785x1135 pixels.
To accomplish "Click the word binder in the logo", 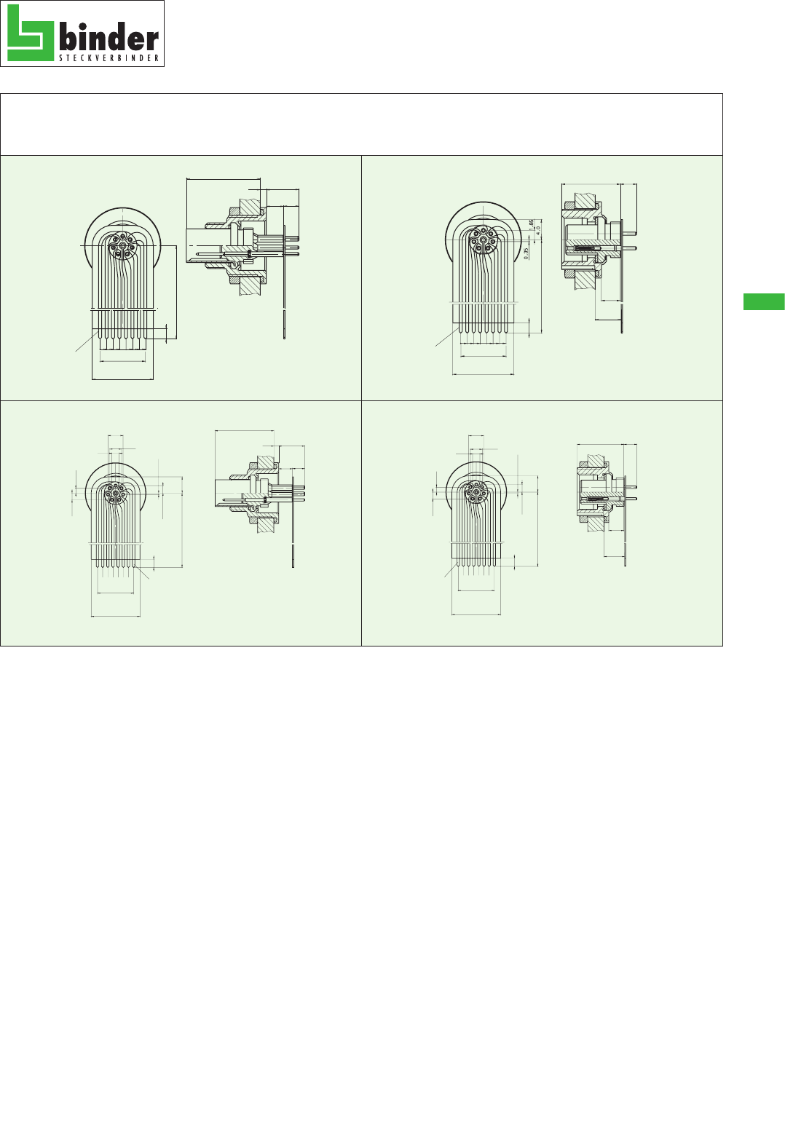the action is coord(109,37).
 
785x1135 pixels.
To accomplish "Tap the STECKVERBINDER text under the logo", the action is coord(109,58).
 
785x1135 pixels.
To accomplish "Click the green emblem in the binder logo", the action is coord(31,33).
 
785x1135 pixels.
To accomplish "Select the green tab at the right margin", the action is coord(764,301).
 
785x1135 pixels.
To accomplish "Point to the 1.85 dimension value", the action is coord(531,224).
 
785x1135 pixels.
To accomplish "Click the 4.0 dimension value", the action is coord(538,229).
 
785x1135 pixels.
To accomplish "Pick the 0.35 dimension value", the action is coord(526,253).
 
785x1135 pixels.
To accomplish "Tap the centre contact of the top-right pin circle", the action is coord(483,240).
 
